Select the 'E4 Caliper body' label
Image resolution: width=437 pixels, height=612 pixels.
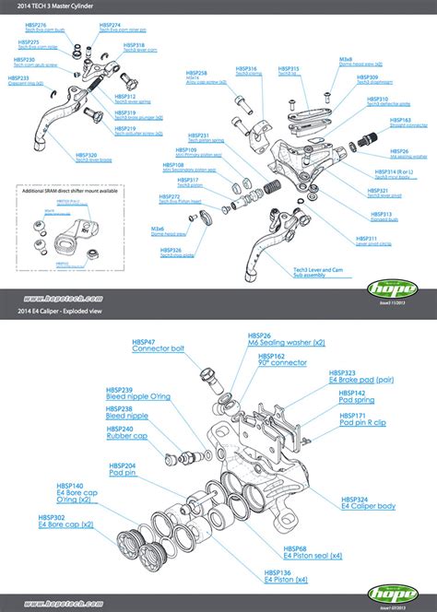[368, 506]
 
